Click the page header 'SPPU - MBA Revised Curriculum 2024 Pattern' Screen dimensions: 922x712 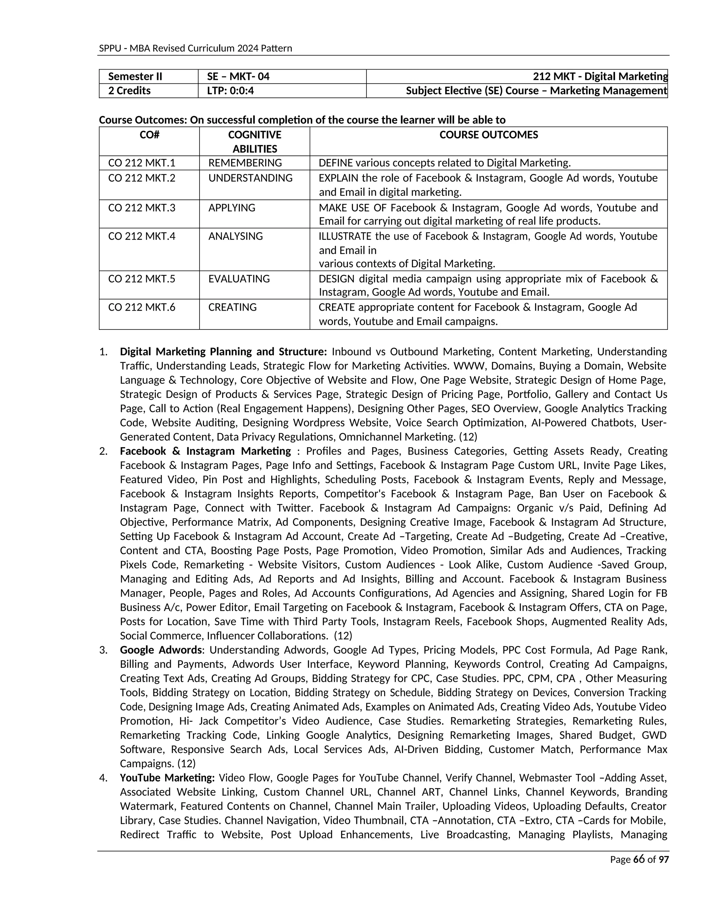[195, 48]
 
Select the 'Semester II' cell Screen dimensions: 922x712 [135, 77]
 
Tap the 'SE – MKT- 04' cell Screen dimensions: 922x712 [238, 77]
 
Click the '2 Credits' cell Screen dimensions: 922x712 [129, 91]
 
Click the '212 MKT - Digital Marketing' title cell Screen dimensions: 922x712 [600, 77]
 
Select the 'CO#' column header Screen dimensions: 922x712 [149, 135]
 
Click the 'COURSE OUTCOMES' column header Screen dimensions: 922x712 [488, 135]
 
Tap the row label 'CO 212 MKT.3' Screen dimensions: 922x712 [142, 208]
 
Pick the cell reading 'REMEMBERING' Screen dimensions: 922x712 [245, 163]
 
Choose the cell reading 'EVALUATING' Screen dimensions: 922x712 [239, 279]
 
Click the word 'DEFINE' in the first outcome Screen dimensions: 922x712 [335, 163]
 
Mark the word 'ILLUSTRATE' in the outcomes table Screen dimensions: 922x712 [345, 236]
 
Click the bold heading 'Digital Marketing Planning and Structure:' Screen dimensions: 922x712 [223, 352]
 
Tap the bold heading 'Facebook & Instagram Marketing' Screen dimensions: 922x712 [205, 451]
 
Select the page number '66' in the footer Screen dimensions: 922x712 [639, 859]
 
